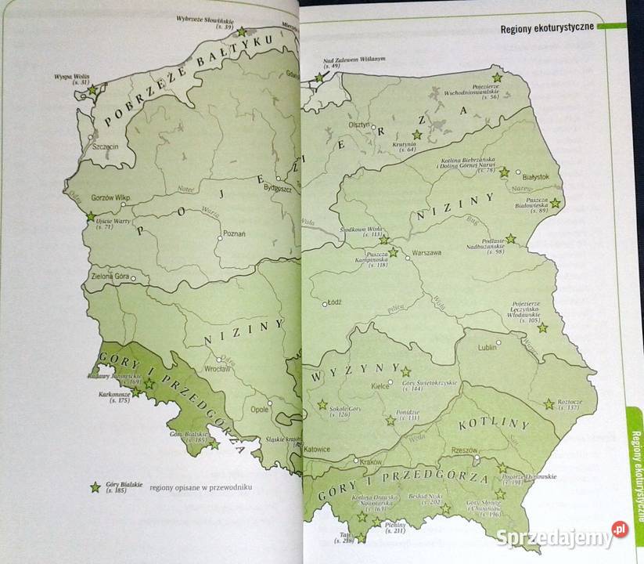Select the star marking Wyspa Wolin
pos(92,90)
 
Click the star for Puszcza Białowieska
pos(555,203)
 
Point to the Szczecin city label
pos(105,146)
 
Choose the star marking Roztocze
pos(549,404)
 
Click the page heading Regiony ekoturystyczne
pos(546,30)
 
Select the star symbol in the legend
pos(95,487)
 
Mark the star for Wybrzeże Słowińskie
pos(242,32)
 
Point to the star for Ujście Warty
pos(91,216)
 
